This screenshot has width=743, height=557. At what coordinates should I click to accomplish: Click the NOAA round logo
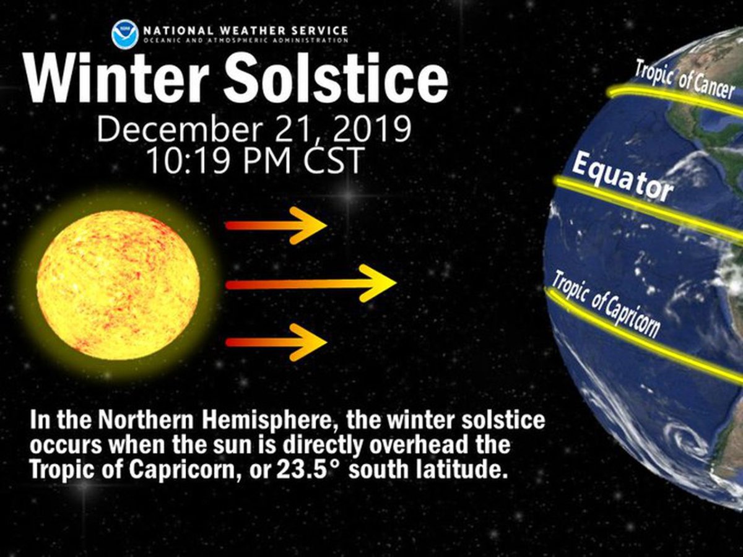pos(125,34)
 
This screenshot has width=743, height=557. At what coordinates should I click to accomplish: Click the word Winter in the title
pos(116,78)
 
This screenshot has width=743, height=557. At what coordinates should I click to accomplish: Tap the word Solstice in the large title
pos(336,78)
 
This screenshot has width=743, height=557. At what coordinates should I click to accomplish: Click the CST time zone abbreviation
pos(333,160)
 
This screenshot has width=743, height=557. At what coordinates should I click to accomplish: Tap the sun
pos(118,285)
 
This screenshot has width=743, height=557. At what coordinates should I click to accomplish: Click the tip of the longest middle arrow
pos(396,283)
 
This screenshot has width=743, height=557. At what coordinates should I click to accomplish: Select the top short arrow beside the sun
pos(276,225)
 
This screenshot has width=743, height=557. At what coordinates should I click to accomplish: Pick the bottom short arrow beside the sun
pos(276,342)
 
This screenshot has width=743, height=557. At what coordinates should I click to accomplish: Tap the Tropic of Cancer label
pos(684,79)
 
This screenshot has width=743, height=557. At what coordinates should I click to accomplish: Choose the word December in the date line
pos(180,129)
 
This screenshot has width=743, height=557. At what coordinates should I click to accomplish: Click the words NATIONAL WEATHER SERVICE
pos(245,31)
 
